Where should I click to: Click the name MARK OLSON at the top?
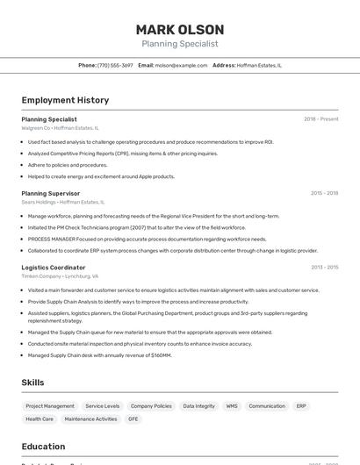(180, 30)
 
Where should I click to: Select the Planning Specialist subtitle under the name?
(180, 44)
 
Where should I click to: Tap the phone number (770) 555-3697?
(115, 65)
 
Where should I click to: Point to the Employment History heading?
(65, 100)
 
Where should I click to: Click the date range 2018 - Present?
(320, 119)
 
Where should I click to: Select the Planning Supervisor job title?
(51, 193)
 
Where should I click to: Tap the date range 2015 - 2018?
(324, 193)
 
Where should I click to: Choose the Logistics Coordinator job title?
(54, 268)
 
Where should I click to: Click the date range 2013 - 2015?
(324, 268)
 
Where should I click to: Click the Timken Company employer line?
(61, 276)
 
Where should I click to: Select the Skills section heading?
(33, 383)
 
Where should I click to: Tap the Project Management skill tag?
(50, 406)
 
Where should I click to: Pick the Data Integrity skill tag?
(198, 406)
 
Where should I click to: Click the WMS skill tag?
(232, 406)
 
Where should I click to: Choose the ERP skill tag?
(301, 406)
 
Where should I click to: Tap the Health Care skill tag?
(40, 419)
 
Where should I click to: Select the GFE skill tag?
(133, 419)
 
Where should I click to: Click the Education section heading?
(44, 447)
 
